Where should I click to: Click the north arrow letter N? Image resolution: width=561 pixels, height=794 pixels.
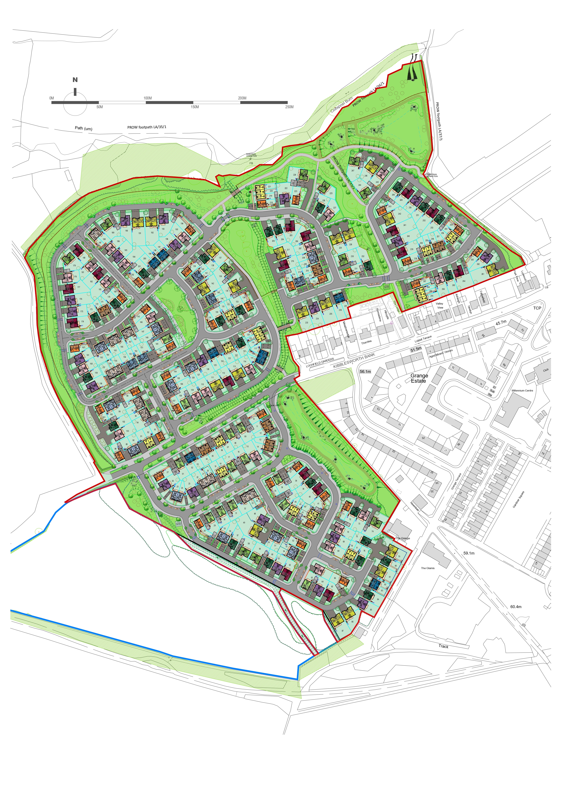click(x=75, y=80)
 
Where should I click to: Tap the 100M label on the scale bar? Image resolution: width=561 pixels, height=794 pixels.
click(x=148, y=98)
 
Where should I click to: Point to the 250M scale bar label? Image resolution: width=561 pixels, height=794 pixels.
click(x=290, y=107)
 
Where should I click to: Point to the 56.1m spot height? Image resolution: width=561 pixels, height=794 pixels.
click(x=365, y=372)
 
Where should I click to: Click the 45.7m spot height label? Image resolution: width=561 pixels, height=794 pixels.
click(x=501, y=323)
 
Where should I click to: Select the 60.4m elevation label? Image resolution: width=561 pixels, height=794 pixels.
click(x=516, y=606)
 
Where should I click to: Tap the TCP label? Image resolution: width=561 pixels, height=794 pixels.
click(x=537, y=308)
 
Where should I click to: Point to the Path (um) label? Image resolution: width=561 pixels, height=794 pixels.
click(x=84, y=128)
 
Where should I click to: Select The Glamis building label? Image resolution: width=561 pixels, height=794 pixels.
click(x=428, y=568)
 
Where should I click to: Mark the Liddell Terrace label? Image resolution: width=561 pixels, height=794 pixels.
click(x=423, y=339)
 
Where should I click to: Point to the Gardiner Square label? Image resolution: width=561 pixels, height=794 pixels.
click(x=518, y=499)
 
